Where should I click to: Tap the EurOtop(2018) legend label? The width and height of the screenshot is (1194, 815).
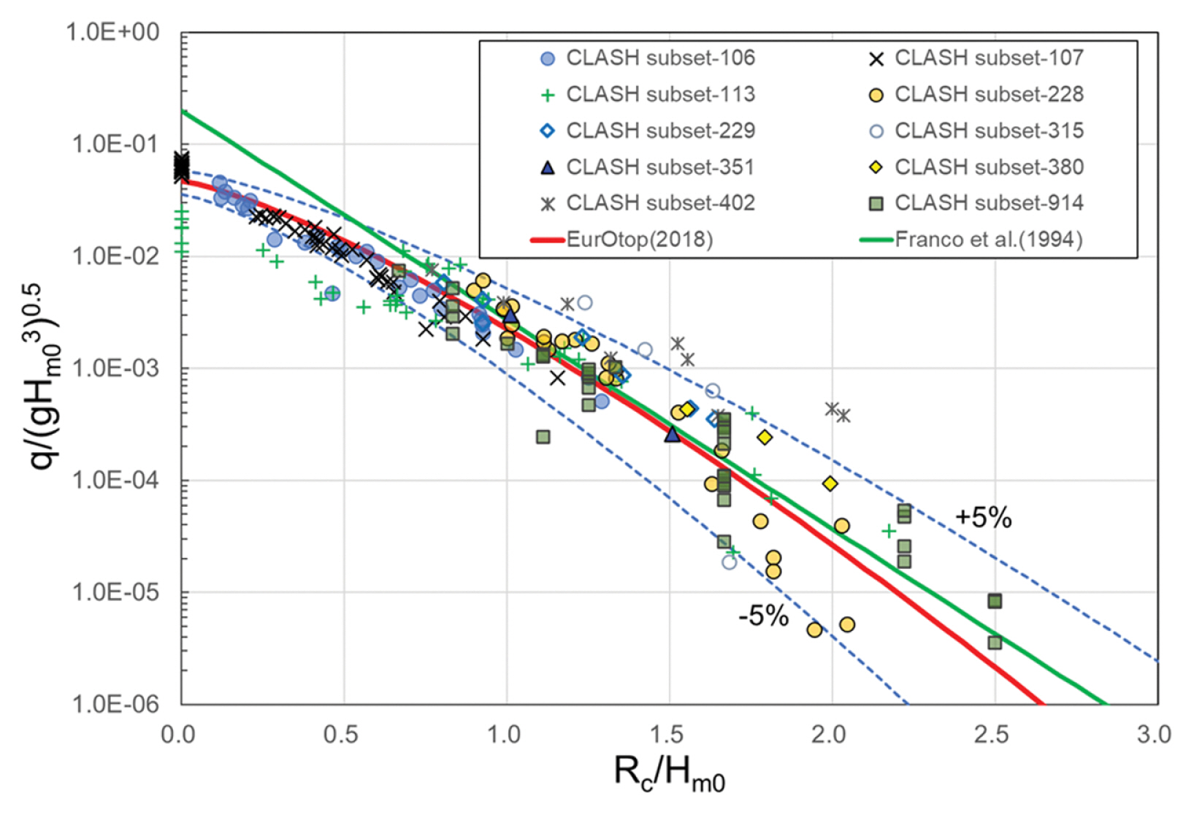(639, 240)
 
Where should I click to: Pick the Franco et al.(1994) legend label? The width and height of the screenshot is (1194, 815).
(988, 240)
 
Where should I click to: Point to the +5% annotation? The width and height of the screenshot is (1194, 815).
(983, 518)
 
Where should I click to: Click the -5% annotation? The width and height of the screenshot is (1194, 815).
(763, 616)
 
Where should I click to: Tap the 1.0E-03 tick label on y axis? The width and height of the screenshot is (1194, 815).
(115, 368)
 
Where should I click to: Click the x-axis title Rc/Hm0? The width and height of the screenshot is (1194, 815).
(669, 773)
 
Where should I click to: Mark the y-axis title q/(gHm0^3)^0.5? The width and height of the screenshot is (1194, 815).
(47, 376)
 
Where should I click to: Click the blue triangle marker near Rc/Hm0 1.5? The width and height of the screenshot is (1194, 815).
(672, 435)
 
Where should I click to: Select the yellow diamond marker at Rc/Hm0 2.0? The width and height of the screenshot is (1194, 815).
(830, 483)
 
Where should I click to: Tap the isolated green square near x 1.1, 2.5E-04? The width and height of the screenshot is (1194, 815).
(543, 437)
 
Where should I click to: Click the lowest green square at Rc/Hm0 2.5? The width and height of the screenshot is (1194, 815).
(995, 643)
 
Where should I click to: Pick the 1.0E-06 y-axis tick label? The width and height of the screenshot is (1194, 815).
(115, 704)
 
